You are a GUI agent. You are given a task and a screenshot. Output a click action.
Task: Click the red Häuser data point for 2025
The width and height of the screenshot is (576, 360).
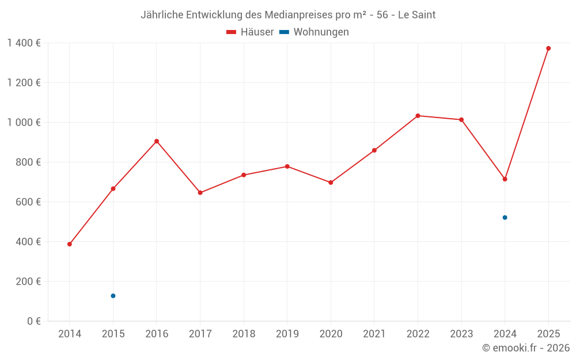click(548, 48)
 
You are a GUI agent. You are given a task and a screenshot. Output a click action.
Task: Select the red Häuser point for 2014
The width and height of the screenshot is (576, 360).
click(70, 244)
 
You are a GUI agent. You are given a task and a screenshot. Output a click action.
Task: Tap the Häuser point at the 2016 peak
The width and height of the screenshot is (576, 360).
click(157, 141)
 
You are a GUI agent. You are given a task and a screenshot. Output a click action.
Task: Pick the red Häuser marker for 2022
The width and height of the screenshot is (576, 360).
click(418, 116)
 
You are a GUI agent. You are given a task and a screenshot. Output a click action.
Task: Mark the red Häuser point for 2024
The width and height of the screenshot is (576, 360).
click(505, 179)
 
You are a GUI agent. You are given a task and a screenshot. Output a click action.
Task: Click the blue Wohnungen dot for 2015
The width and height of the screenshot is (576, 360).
click(113, 296)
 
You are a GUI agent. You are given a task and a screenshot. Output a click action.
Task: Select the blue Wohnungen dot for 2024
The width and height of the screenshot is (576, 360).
click(505, 218)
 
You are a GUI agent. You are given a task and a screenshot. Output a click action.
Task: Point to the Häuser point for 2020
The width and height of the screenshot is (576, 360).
click(331, 183)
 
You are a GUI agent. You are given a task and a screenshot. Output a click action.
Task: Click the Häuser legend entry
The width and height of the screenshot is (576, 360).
click(250, 32)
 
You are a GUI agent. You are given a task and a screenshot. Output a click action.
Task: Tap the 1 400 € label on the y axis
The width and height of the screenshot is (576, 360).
click(24, 43)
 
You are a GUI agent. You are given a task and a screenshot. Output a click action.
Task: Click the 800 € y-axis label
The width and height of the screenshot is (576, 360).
click(27, 162)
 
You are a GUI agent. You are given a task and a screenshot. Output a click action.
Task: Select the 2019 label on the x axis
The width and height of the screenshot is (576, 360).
click(287, 334)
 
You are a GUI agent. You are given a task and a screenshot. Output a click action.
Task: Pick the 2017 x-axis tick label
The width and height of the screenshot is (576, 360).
click(200, 334)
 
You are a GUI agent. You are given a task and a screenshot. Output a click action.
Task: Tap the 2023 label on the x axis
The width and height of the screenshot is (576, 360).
click(461, 334)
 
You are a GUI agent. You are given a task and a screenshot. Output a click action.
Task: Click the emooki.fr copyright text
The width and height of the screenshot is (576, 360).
click(526, 348)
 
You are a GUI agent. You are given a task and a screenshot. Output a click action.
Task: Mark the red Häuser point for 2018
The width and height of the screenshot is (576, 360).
click(244, 175)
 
